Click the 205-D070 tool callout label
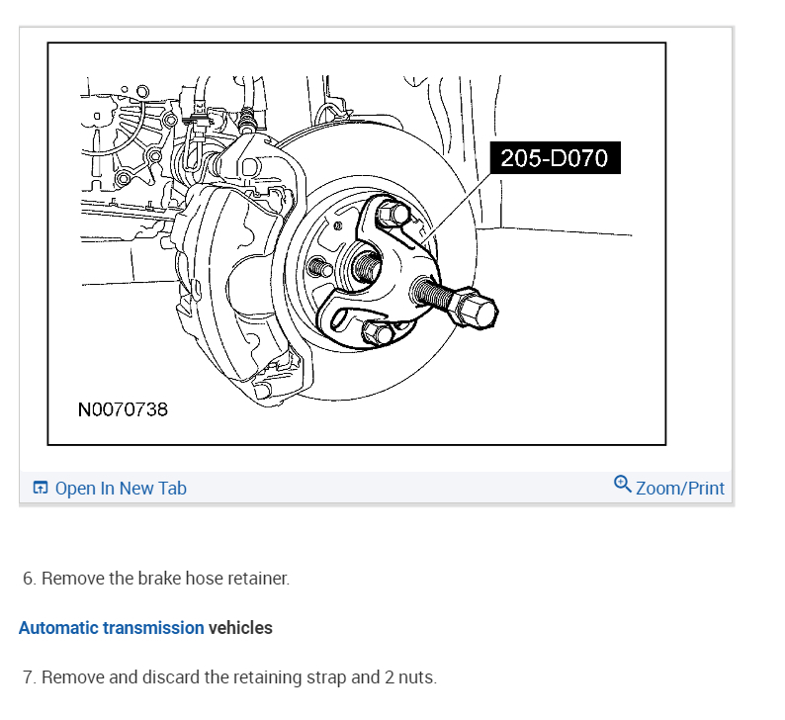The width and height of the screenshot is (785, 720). (554, 158)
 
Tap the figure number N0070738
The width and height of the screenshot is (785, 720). (123, 408)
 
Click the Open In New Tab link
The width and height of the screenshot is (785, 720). (121, 489)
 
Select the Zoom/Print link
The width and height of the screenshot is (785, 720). (680, 489)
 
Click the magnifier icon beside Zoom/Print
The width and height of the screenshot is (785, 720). (622, 485)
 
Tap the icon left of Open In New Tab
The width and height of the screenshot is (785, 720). (41, 489)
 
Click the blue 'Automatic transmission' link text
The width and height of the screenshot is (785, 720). (111, 628)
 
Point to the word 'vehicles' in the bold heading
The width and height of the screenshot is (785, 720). (240, 628)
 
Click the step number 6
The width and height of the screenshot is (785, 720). (29, 579)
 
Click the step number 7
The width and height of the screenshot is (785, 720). (29, 678)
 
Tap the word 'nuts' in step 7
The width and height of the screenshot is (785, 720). (414, 678)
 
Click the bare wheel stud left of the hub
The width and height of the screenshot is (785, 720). (319, 267)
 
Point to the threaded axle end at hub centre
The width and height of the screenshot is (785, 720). (363, 265)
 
